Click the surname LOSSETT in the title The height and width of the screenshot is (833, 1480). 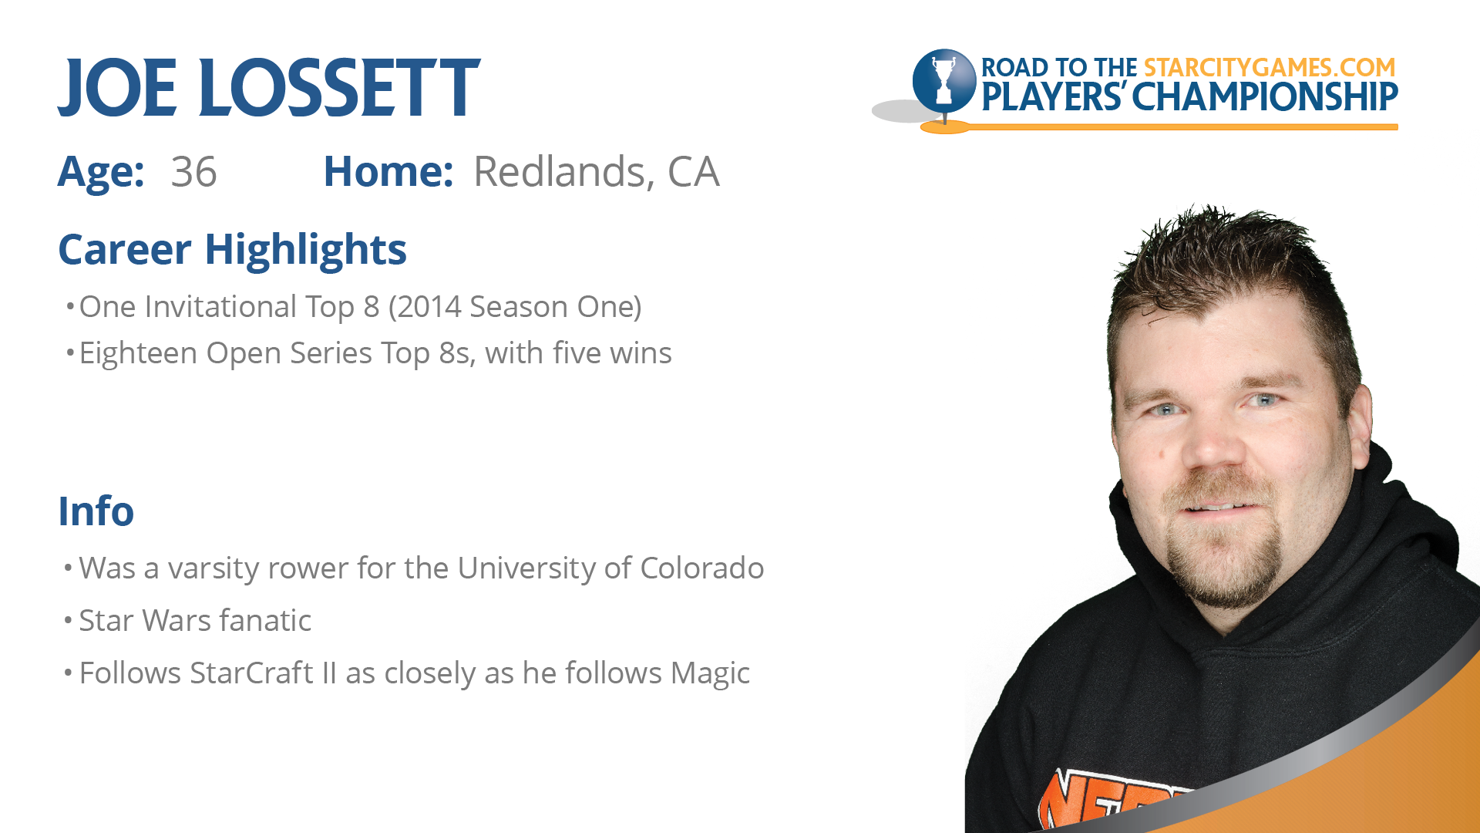(339, 88)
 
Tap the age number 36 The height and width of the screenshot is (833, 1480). (193, 172)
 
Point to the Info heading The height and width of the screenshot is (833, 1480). (96, 511)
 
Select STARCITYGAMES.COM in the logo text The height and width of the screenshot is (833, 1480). (1270, 68)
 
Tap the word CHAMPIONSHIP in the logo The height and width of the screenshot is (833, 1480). (1265, 97)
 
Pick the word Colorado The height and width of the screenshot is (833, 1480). (701, 568)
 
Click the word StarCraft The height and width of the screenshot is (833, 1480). (251, 673)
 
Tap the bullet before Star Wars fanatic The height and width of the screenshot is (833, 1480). (68, 621)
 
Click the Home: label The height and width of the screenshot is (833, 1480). (388, 171)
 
